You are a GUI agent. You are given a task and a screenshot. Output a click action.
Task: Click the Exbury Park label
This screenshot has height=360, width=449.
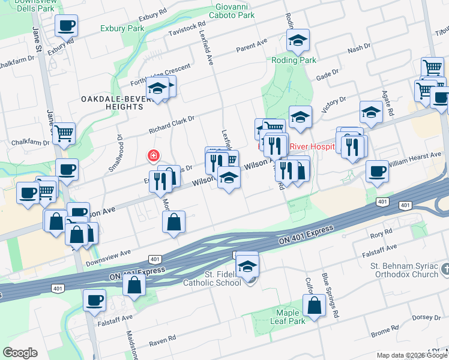click(122, 28)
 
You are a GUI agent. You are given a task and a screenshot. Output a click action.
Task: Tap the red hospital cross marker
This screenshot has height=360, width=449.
click(154, 156)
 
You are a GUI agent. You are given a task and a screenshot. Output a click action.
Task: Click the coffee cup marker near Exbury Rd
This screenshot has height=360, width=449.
click(66, 25)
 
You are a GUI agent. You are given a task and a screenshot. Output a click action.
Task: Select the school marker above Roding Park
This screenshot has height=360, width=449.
click(297, 40)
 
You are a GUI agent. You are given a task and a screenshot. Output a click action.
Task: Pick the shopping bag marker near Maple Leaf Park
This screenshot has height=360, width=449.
click(315, 305)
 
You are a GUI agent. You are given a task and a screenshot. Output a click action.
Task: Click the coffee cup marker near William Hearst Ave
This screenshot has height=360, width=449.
click(378, 171)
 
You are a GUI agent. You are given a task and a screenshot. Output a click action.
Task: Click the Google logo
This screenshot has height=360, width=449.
click(20, 353)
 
